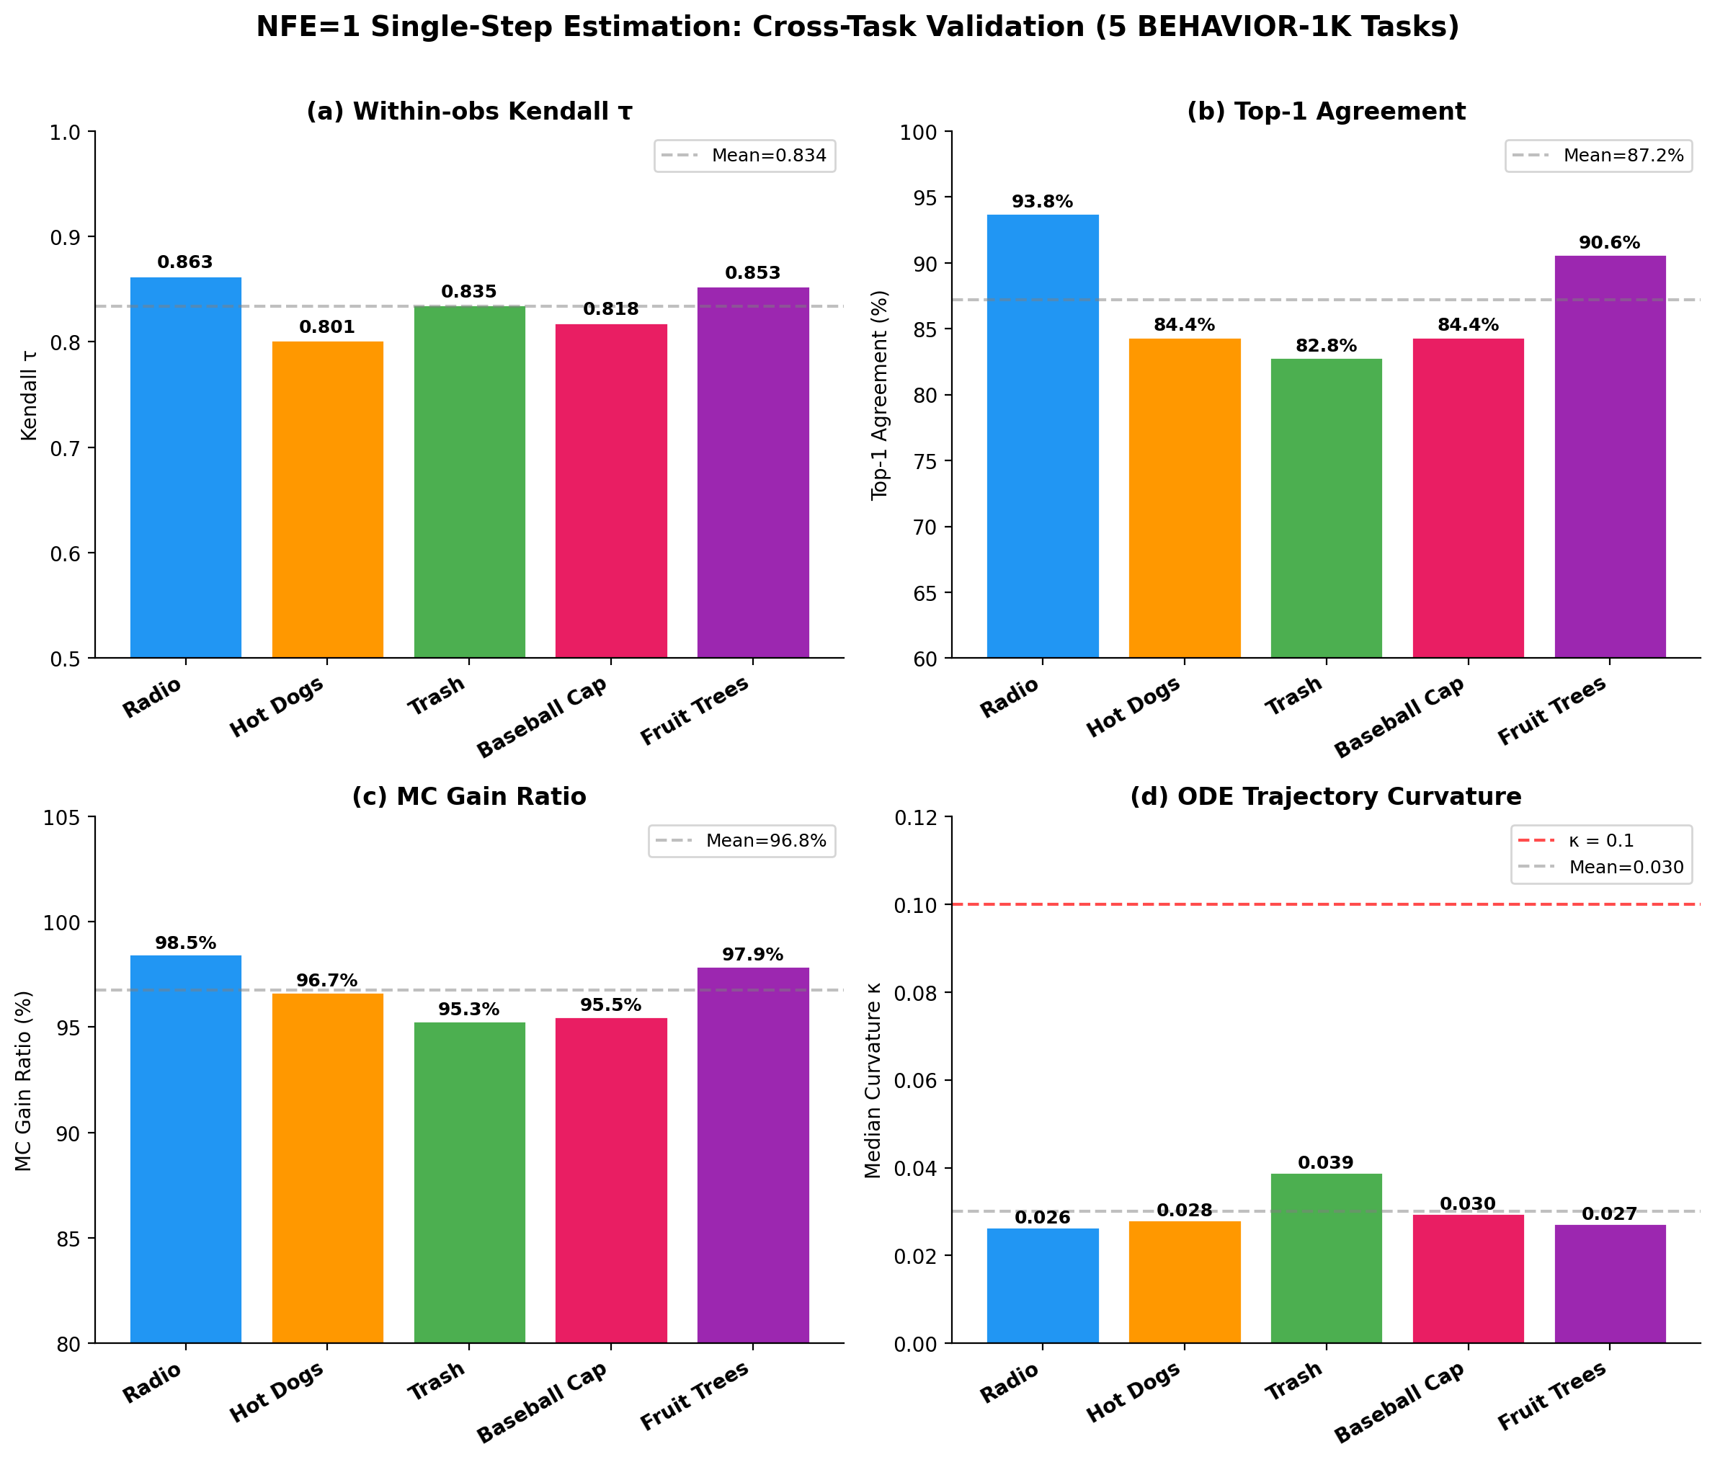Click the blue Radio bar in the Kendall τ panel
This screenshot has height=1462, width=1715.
(185, 468)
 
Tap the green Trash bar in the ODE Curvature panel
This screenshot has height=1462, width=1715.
(1326, 1257)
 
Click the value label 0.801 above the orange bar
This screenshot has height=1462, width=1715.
(327, 327)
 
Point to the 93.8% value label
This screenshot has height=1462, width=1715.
(1042, 202)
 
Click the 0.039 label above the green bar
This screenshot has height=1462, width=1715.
(1326, 1163)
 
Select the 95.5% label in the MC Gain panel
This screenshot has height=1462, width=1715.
(611, 1005)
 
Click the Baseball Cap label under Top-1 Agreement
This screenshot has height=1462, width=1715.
(1399, 717)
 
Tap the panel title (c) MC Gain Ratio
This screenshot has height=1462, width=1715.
(468, 796)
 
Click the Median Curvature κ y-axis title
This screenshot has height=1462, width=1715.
(874, 1080)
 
